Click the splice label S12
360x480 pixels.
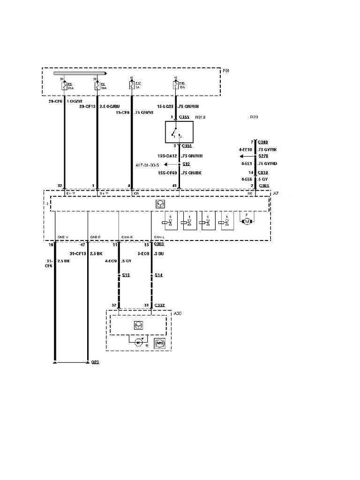[x=186, y=165]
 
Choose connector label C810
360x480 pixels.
[x=262, y=172]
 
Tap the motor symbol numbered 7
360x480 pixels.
[x=247, y=220]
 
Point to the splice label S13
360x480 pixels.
[x=126, y=275]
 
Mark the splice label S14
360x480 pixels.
[x=158, y=275]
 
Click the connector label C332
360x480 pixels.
[x=160, y=305]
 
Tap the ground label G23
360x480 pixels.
[x=95, y=362]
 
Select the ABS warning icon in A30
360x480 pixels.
[x=159, y=342]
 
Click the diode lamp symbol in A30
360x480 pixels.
[x=138, y=342]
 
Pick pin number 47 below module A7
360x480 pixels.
[x=82, y=245]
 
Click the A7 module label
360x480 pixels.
[x=275, y=193]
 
